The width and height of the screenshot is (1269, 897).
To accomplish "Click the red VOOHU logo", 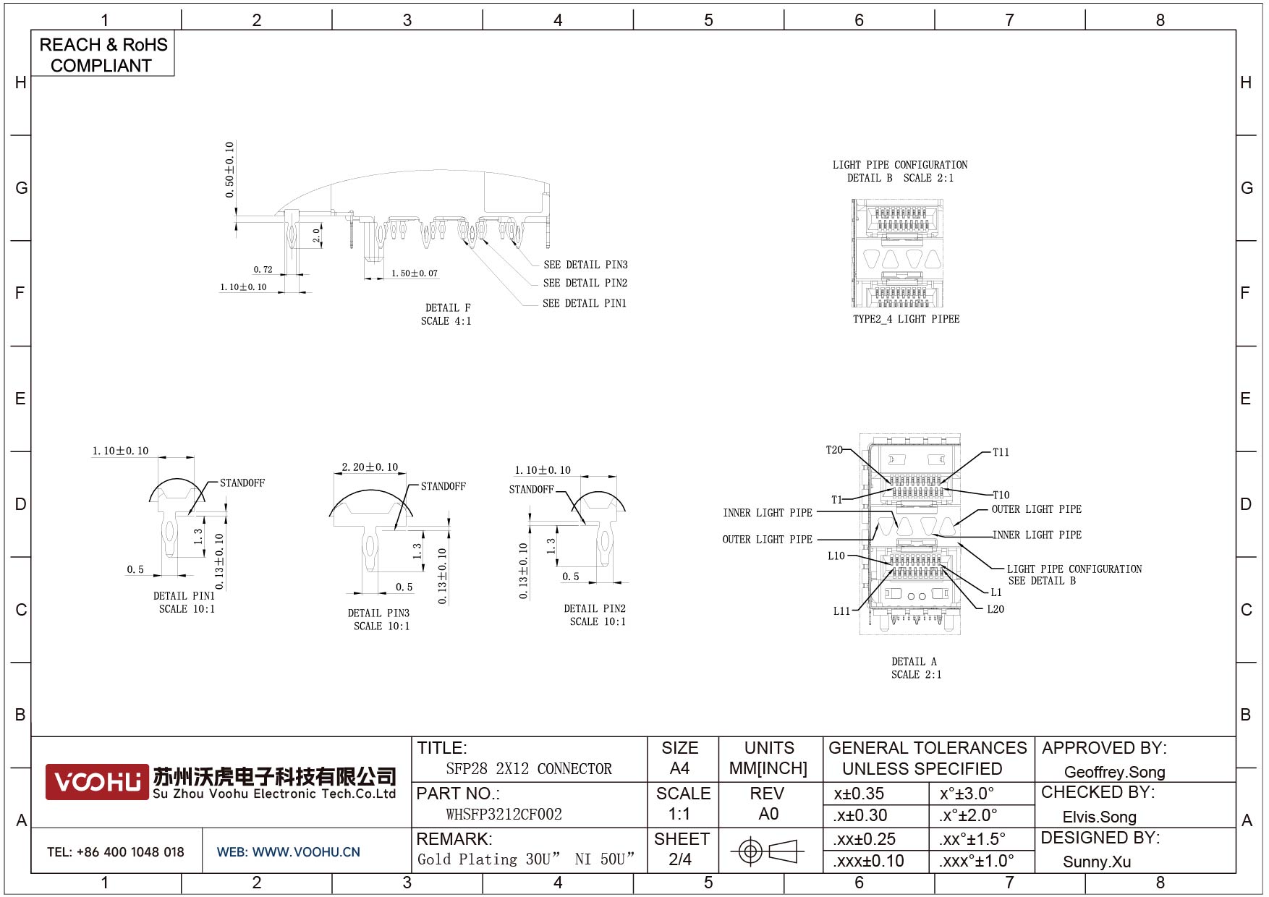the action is [x=97, y=782].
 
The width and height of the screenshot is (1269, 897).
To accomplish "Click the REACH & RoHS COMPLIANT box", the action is [x=103, y=54].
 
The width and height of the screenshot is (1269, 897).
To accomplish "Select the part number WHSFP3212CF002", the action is [x=504, y=815].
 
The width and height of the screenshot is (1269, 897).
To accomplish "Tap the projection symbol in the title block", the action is [x=767, y=851].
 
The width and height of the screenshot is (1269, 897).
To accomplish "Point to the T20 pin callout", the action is [x=834, y=450].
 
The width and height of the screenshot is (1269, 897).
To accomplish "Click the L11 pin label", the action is [x=841, y=611].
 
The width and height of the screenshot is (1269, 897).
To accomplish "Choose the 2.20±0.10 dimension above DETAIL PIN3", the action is [x=370, y=467].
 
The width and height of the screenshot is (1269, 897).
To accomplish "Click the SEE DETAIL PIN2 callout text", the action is [x=585, y=283].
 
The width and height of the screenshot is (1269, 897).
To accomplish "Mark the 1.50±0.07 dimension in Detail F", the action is [x=415, y=273].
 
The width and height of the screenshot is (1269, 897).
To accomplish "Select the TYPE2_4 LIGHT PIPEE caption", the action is [x=906, y=319].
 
